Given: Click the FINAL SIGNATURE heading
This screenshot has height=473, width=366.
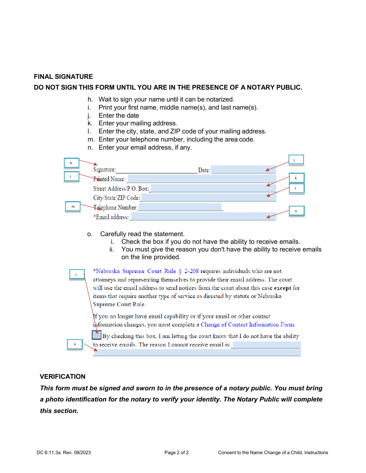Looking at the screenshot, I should (63, 77).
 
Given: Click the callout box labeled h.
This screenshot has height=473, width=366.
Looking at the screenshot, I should (71, 163).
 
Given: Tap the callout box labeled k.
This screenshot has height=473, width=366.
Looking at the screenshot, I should (296, 178).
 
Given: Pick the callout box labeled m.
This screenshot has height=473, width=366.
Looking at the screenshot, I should (73, 207).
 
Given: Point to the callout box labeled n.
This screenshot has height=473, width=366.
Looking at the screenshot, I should (296, 211).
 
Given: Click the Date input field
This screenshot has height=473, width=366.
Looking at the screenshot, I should (243, 170).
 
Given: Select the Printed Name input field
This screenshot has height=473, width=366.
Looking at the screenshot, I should (201, 179).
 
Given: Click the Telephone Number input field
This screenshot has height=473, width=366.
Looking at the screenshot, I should (180, 207).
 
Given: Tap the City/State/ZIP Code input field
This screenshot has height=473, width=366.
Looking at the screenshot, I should (208, 198).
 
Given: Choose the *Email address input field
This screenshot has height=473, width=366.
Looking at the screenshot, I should (203, 217).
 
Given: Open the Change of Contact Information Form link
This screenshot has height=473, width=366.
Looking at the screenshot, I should (248, 325).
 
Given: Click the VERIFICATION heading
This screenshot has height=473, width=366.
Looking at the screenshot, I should (62, 376).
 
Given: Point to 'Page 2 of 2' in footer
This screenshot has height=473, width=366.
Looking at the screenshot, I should (176, 453).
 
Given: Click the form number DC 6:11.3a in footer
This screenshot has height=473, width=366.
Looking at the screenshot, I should (49, 453).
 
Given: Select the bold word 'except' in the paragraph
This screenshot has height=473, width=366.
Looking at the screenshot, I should (282, 288).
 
